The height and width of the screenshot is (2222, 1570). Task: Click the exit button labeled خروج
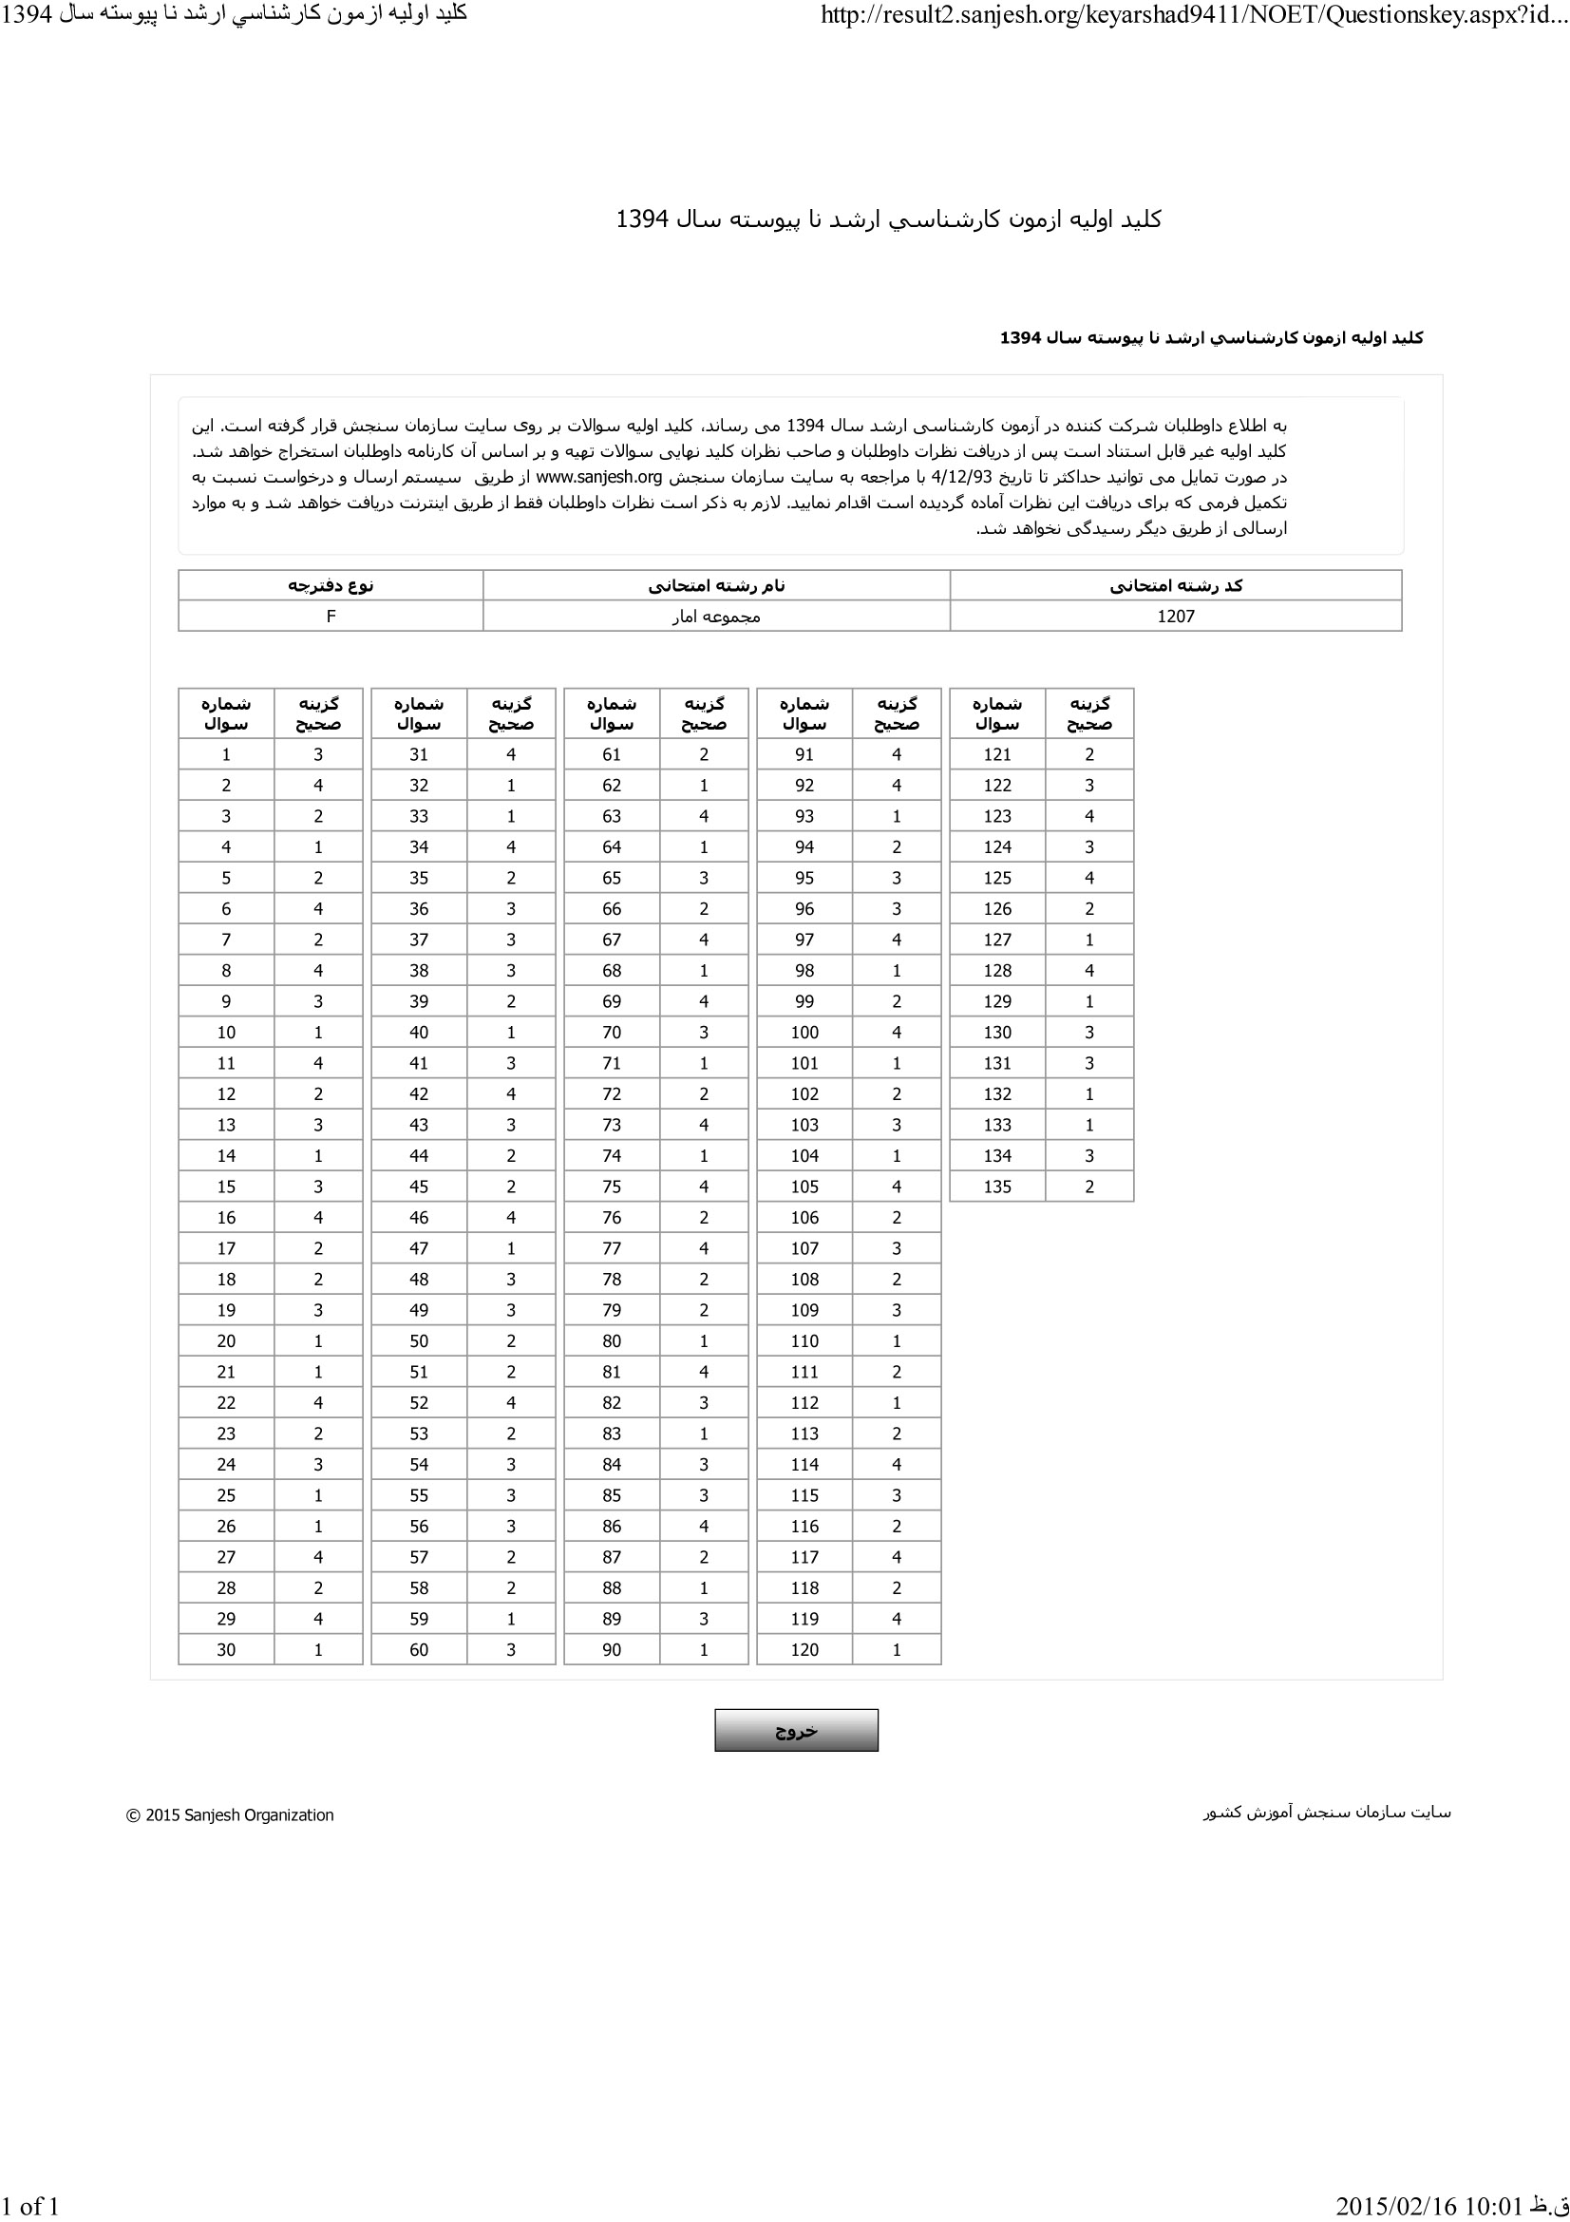[x=795, y=1730]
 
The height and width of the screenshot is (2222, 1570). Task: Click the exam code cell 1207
[x=1175, y=617]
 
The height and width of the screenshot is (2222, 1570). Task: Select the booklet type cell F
[x=331, y=617]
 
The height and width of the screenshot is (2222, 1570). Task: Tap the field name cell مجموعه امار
[x=716, y=617]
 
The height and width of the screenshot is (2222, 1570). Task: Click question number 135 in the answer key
[x=996, y=1187]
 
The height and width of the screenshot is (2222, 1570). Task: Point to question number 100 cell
[x=804, y=1033]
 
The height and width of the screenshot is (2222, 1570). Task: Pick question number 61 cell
[x=612, y=755]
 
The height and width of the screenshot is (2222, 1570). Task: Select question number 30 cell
[x=226, y=1650]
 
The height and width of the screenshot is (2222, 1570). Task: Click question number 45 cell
[x=419, y=1187]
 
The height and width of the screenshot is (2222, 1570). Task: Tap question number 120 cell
[x=804, y=1650]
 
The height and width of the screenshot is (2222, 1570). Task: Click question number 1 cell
[x=226, y=755]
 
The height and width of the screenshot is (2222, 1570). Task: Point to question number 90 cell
[x=612, y=1650]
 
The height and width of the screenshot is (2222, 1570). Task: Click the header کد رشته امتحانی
[x=1175, y=585]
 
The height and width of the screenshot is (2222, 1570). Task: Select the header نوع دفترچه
[x=331, y=585]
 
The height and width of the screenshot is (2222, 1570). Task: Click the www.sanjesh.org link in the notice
[x=598, y=477]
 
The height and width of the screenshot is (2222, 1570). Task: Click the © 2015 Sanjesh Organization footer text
[x=230, y=1815]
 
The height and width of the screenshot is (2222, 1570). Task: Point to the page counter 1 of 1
[x=31, y=2206]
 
